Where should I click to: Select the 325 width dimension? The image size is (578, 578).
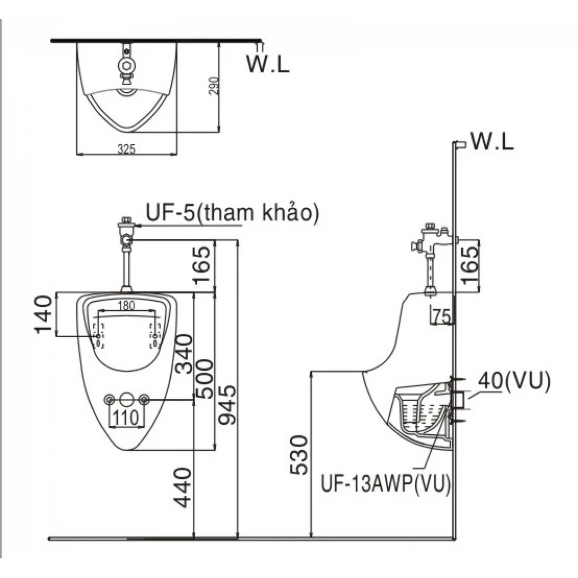click(x=126, y=150)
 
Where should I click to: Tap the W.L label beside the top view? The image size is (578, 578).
click(x=268, y=63)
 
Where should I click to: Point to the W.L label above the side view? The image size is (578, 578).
click(x=492, y=142)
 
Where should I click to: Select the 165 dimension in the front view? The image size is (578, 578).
click(x=203, y=266)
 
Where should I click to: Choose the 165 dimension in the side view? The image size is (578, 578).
click(x=469, y=266)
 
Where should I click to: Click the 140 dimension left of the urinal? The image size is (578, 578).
click(x=44, y=314)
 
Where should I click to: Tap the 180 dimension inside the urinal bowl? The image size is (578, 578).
click(x=126, y=305)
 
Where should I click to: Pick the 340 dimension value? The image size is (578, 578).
click(x=183, y=354)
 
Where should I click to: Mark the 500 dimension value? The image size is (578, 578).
click(x=204, y=378)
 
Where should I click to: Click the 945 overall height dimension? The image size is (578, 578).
click(x=227, y=406)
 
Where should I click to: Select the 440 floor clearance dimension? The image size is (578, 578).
click(x=183, y=487)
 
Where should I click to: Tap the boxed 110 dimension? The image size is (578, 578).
click(x=126, y=417)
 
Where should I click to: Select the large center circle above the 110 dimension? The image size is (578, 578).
click(x=126, y=399)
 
